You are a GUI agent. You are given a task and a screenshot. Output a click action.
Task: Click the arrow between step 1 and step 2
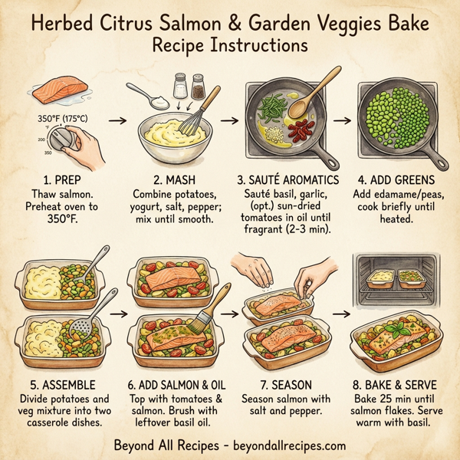(x=117, y=120)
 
